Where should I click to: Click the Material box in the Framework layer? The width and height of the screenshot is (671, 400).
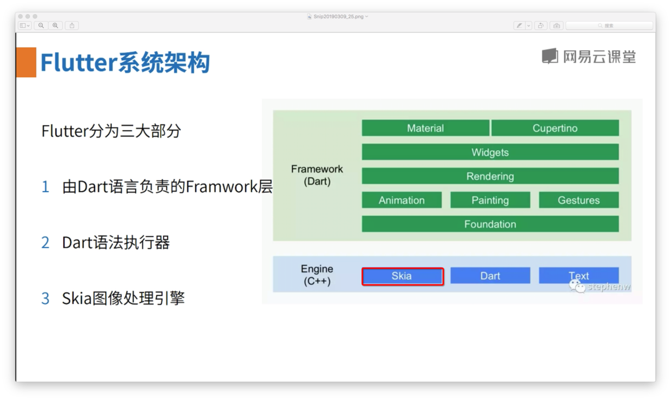pyautogui.click(x=425, y=128)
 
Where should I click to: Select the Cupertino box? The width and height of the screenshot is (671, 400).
pyautogui.click(x=555, y=128)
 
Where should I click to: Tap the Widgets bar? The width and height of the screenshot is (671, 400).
pyautogui.click(x=490, y=152)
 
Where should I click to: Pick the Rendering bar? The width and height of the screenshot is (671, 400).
pyautogui.click(x=490, y=176)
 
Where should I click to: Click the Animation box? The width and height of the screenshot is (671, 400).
pyautogui.click(x=402, y=200)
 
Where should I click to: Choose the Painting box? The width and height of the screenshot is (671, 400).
pyautogui.click(x=490, y=200)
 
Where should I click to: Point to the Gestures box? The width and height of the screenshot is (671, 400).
pyautogui.click(x=578, y=200)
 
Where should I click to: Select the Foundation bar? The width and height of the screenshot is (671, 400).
pyautogui.click(x=490, y=224)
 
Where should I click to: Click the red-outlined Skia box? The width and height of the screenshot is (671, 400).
pyautogui.click(x=402, y=276)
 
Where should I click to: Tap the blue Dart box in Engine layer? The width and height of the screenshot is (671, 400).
pyautogui.click(x=490, y=276)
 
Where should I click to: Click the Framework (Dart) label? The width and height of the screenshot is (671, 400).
pyautogui.click(x=317, y=175)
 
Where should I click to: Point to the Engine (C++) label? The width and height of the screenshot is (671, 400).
pyautogui.click(x=317, y=275)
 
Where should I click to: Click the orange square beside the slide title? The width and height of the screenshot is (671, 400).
pyautogui.click(x=26, y=62)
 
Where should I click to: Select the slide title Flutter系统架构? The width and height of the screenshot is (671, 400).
pyautogui.click(x=125, y=63)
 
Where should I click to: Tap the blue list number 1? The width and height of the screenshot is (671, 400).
pyautogui.click(x=45, y=187)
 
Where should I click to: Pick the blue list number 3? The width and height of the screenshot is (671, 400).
pyautogui.click(x=45, y=298)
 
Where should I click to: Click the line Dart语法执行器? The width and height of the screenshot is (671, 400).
pyautogui.click(x=116, y=243)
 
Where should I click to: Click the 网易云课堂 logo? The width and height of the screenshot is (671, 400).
pyautogui.click(x=589, y=56)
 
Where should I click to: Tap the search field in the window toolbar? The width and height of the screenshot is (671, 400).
pyautogui.click(x=609, y=25)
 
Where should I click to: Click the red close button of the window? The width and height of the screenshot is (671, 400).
pyautogui.click(x=21, y=17)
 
